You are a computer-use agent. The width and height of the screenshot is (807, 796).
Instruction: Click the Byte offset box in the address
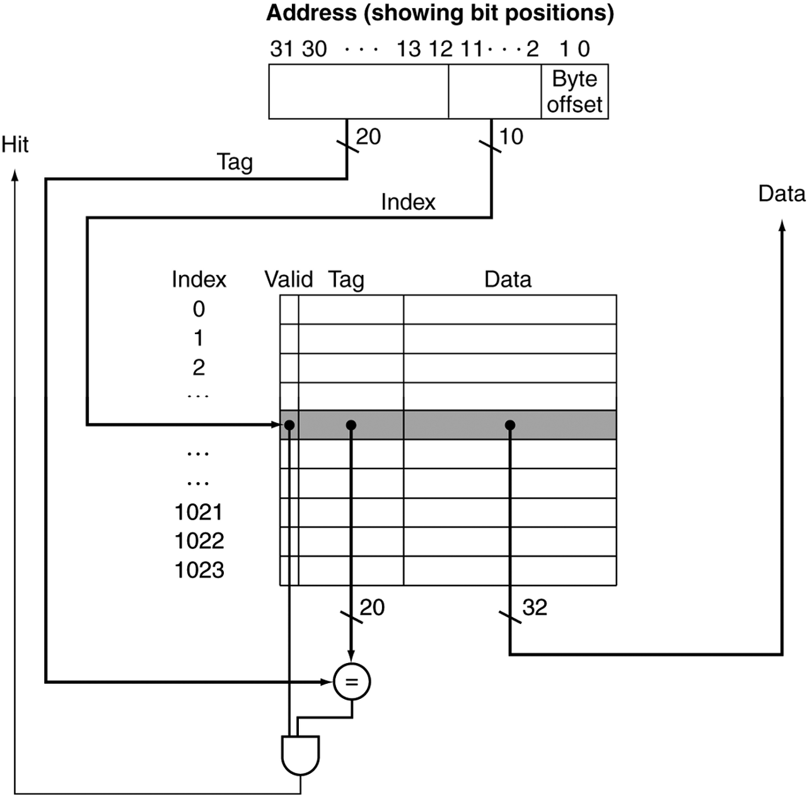574,91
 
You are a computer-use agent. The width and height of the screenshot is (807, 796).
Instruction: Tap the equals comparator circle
352,681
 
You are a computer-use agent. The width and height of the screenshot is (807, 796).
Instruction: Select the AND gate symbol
300,754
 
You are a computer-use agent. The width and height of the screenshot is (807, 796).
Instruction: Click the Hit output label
15,145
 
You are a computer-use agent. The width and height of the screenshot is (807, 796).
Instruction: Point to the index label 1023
199,570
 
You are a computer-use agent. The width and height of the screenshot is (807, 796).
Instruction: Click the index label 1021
199,512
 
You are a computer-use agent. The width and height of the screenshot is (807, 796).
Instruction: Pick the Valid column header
288,279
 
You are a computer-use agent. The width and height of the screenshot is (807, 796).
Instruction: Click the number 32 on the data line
535,608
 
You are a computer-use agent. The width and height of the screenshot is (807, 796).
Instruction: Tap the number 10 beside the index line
511,136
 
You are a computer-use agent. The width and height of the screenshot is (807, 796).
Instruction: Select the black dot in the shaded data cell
510,425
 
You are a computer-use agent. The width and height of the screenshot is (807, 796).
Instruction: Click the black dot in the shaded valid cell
289,425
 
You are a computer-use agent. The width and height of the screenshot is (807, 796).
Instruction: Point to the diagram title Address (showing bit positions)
439,13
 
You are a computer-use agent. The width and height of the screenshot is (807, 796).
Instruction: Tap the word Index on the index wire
408,202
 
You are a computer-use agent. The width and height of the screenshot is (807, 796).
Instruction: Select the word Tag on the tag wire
235,162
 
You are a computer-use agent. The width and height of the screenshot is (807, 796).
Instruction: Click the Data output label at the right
781,193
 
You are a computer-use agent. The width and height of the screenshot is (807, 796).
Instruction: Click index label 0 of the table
199,309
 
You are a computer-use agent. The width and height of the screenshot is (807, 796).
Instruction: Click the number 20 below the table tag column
372,608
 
